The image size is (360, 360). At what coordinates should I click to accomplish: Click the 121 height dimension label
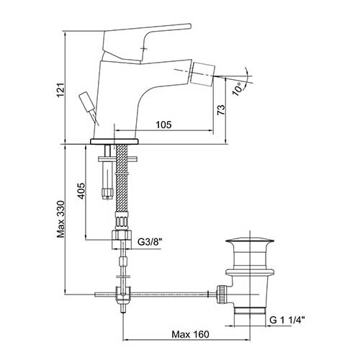[60, 90]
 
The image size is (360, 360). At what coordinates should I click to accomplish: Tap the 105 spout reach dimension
[164, 125]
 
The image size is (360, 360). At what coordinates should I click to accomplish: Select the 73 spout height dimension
[221, 109]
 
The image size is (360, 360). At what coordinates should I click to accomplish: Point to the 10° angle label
[238, 89]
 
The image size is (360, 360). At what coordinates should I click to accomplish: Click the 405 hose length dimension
[81, 191]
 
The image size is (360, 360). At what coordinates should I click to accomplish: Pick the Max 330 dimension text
[60, 219]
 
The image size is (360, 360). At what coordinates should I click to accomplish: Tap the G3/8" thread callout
[150, 242]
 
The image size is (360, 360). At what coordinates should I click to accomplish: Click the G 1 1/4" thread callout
[287, 320]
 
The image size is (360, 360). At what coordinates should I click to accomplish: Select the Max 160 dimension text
[190, 334]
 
